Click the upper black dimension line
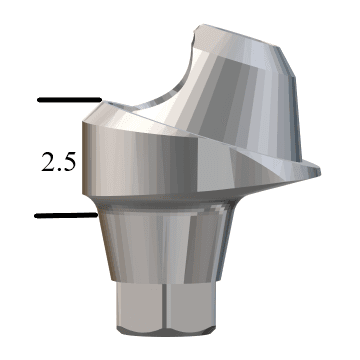click(68, 100)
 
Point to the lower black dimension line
click(66, 215)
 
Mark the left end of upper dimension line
click(38, 100)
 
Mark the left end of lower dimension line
click(36, 215)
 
